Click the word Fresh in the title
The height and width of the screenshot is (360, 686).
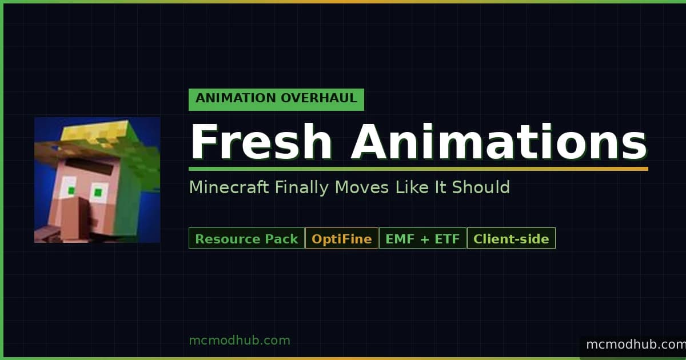(261, 142)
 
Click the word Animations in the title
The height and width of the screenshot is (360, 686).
(500, 142)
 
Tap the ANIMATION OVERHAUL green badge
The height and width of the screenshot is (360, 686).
(276, 99)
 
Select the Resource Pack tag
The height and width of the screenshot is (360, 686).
(246, 238)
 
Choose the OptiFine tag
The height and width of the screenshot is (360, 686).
(342, 238)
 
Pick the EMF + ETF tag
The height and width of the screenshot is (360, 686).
(422, 238)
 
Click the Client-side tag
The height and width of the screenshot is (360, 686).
(511, 238)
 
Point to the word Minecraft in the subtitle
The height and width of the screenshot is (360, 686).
(229, 187)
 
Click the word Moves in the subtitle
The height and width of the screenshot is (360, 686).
(362, 187)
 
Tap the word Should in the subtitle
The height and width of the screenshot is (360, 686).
(481, 187)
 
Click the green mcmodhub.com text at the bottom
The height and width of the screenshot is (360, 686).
(240, 341)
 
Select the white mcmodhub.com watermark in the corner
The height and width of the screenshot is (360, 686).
(636, 345)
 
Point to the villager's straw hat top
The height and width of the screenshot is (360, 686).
(95, 132)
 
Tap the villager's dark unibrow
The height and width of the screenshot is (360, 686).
(89, 166)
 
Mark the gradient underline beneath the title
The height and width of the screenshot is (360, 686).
(418, 169)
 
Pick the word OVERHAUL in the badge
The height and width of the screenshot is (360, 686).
(319, 98)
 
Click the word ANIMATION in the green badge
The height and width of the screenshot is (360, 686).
(236, 98)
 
